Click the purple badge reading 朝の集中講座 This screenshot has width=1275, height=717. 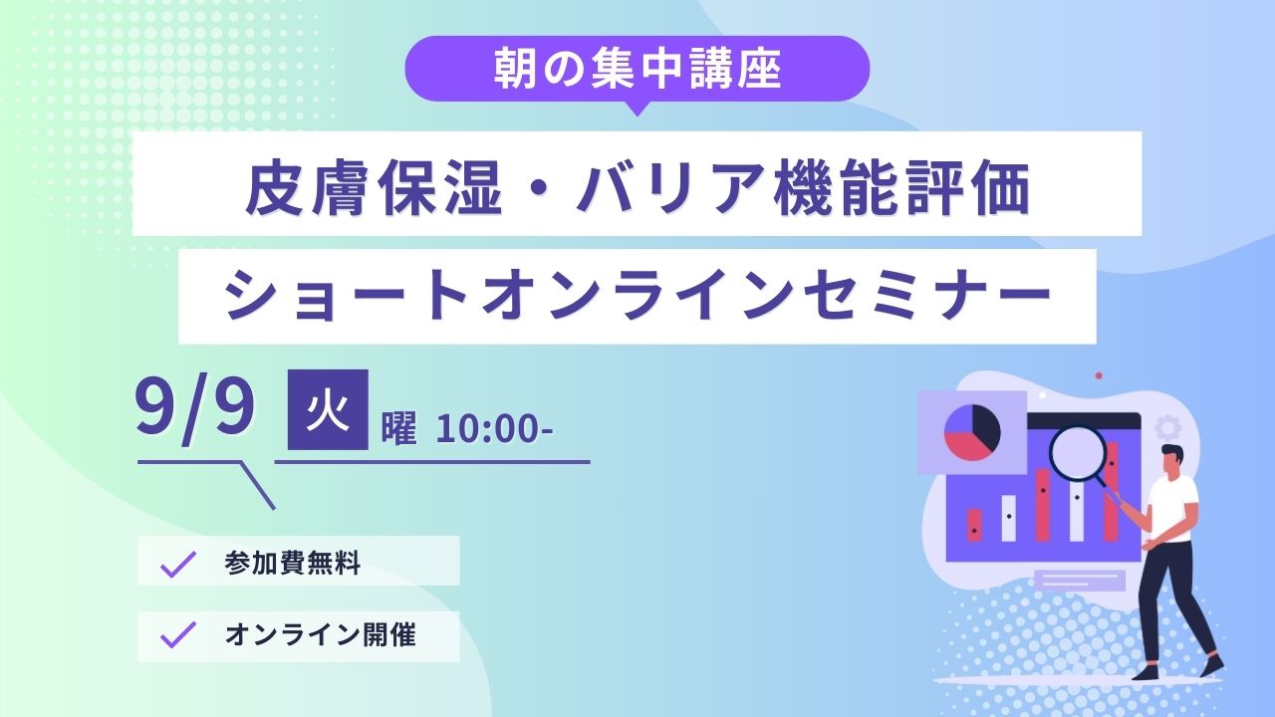click(x=637, y=70)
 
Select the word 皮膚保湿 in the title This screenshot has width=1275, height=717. click(x=374, y=188)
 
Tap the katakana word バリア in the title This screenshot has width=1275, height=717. click(x=669, y=188)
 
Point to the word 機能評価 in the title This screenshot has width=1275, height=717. click(x=901, y=188)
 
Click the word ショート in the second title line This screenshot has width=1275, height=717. click(x=354, y=296)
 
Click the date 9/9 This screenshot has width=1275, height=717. click(x=194, y=408)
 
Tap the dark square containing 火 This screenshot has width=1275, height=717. click(x=328, y=409)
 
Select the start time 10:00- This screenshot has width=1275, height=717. click(x=494, y=429)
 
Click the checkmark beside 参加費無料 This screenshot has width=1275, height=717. click(x=178, y=564)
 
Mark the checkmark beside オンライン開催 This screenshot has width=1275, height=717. click(x=178, y=634)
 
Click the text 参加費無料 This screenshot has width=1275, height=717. click(x=293, y=564)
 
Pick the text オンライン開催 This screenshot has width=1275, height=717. click(x=321, y=635)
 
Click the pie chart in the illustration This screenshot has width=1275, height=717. click(x=972, y=432)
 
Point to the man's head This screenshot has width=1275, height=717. click(x=1170, y=460)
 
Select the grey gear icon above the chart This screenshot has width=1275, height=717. click(x=1167, y=427)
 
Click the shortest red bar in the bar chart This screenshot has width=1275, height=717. click(x=974, y=525)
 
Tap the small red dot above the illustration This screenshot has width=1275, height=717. click(x=1099, y=375)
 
